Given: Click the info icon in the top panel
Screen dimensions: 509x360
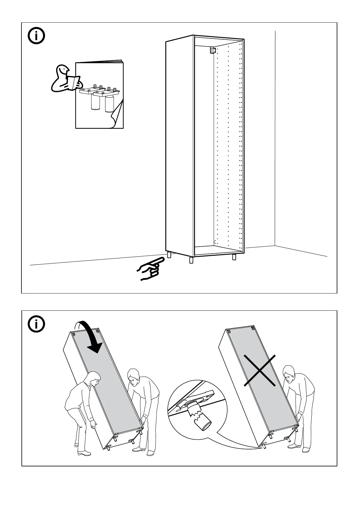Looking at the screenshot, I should tap(36, 37).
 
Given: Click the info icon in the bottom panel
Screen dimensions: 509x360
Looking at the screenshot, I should tap(36, 324).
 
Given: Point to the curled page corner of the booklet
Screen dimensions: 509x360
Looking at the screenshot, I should tap(116, 119).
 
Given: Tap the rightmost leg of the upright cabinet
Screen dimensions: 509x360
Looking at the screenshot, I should tap(234, 257).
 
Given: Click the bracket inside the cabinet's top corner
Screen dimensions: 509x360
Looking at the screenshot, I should tap(212, 50).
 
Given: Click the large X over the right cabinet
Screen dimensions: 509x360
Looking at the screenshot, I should tap(260, 371).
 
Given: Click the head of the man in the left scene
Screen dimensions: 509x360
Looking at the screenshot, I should tap(133, 375).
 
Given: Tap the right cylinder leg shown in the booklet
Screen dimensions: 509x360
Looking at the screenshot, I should tap(109, 103).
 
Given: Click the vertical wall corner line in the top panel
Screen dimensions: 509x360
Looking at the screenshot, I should tap(275, 136).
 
